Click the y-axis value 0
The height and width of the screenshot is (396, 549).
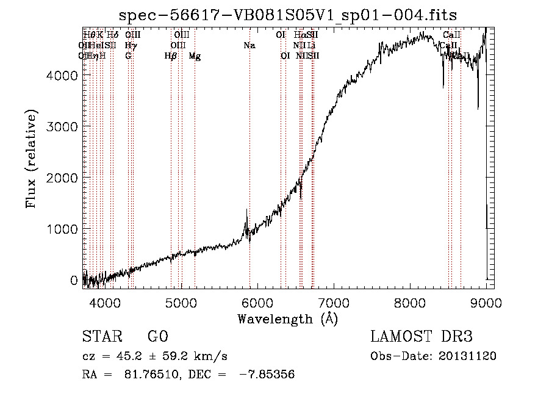click(74, 280)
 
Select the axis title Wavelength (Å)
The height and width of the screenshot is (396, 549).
click(287, 319)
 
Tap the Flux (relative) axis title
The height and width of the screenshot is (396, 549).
click(31, 159)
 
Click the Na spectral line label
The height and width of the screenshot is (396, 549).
click(249, 46)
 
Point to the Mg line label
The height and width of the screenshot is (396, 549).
click(195, 56)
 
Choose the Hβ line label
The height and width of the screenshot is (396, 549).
click(171, 56)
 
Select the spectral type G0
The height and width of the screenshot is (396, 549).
click(157, 337)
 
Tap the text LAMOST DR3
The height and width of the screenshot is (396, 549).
click(422, 337)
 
